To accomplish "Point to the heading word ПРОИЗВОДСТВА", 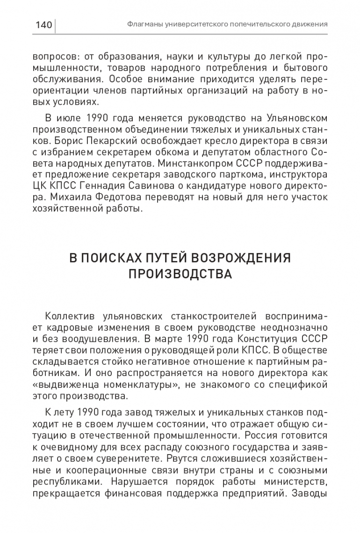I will [180, 274].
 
